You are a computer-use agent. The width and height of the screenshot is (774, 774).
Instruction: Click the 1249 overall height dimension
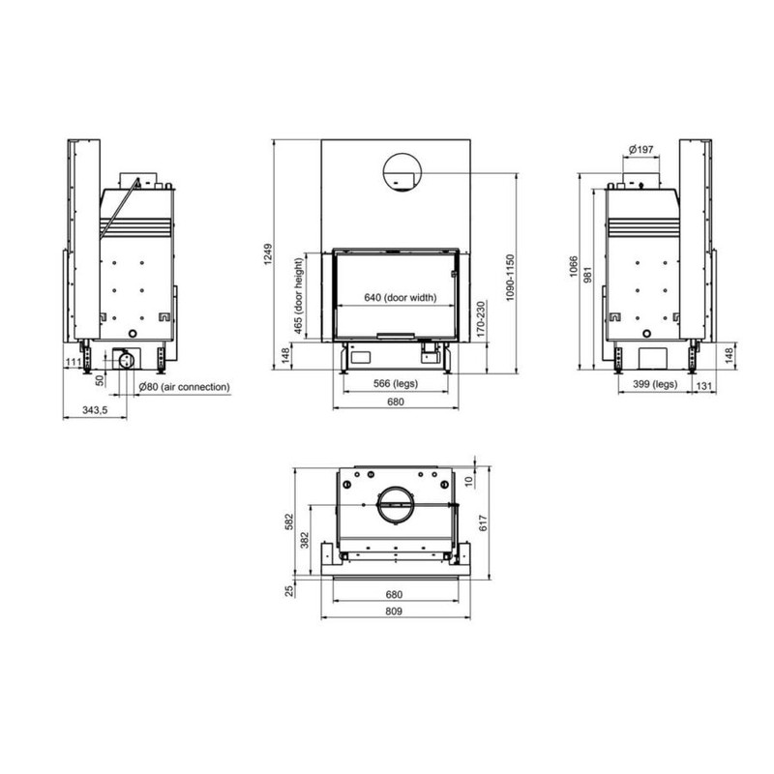[268, 253]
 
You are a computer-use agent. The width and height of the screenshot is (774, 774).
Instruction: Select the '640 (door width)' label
[401, 298]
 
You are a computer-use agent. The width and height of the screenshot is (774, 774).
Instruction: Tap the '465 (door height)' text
[298, 296]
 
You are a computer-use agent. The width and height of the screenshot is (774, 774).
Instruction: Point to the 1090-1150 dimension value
[510, 277]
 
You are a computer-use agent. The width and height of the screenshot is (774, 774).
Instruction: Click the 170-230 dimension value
[481, 319]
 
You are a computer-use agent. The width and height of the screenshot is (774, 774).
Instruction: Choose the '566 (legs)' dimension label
[396, 383]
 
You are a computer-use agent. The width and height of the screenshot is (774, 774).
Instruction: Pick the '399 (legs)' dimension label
[655, 383]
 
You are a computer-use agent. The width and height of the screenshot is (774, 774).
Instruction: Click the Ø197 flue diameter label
[641, 149]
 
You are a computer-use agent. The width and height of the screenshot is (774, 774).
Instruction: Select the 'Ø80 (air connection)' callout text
[184, 387]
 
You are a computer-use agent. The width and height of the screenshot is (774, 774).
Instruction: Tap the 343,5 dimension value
[94, 409]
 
